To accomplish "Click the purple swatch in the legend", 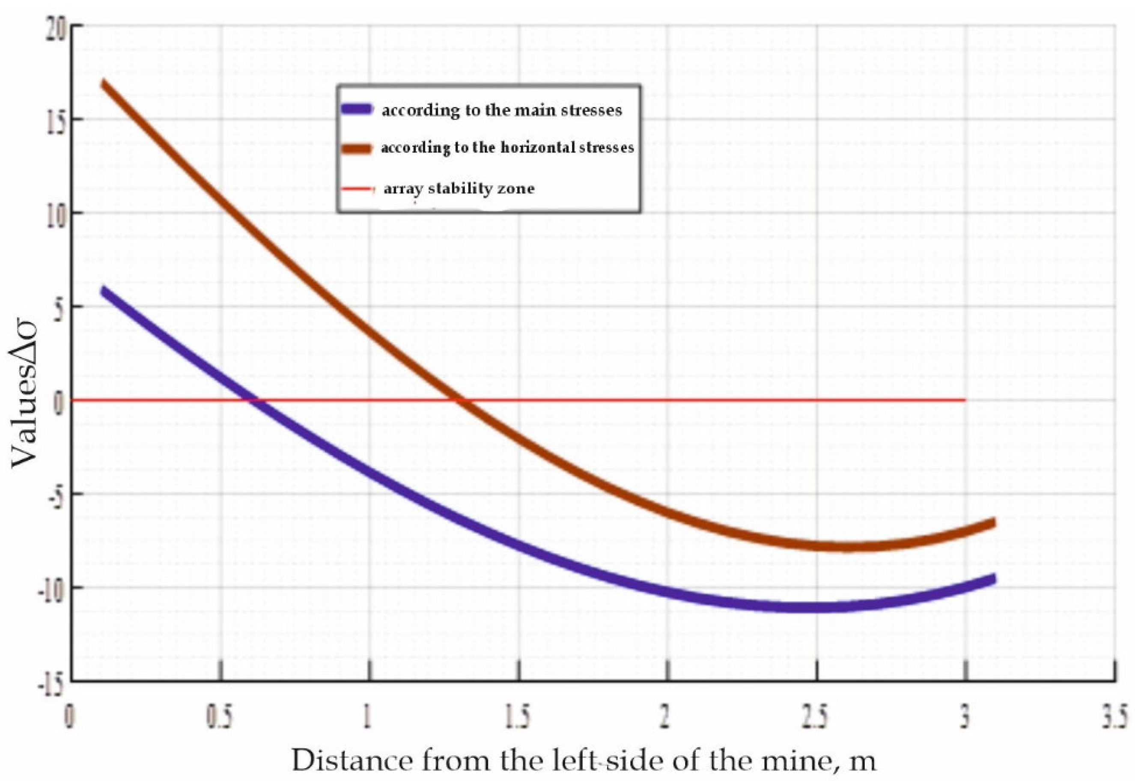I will point(356,109).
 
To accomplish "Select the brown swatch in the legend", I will point(355,148).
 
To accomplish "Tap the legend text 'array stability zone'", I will point(459,188).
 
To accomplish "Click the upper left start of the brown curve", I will point(103,83).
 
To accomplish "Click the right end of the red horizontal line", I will point(965,400).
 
